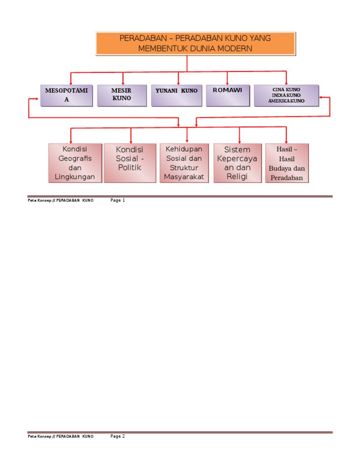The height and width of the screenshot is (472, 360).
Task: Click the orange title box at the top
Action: click(x=195, y=43)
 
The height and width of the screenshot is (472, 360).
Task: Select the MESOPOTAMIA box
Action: click(x=67, y=95)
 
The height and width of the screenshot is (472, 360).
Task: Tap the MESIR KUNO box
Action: click(x=121, y=95)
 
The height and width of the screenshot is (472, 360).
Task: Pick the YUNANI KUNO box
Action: click(x=177, y=95)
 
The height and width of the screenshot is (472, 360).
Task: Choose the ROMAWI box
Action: click(x=227, y=95)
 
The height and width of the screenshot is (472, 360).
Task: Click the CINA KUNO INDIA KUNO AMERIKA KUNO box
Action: click(x=286, y=95)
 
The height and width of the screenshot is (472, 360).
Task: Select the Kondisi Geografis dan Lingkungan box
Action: click(x=75, y=163)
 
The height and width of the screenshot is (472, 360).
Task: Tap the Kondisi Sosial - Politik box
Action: click(x=130, y=163)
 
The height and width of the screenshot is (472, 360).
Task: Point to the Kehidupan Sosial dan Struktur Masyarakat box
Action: click(x=184, y=163)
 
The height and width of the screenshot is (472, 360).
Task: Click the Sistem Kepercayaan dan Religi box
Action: click(x=237, y=163)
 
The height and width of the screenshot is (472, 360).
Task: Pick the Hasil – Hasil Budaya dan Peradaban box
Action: click(x=287, y=163)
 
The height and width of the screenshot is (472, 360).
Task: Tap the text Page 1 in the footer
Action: click(x=118, y=200)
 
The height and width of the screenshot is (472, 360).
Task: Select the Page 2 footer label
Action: click(x=118, y=436)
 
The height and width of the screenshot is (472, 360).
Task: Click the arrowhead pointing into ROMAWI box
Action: click(x=227, y=83)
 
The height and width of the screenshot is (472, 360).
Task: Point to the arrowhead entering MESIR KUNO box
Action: click(x=123, y=83)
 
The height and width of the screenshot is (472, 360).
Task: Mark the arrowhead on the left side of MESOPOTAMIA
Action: click(x=37, y=99)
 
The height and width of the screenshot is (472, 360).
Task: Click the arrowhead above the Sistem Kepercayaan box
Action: click(x=240, y=141)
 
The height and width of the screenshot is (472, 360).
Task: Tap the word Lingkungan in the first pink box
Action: click(x=75, y=177)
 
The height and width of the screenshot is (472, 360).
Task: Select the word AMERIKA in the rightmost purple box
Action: click(x=279, y=101)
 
